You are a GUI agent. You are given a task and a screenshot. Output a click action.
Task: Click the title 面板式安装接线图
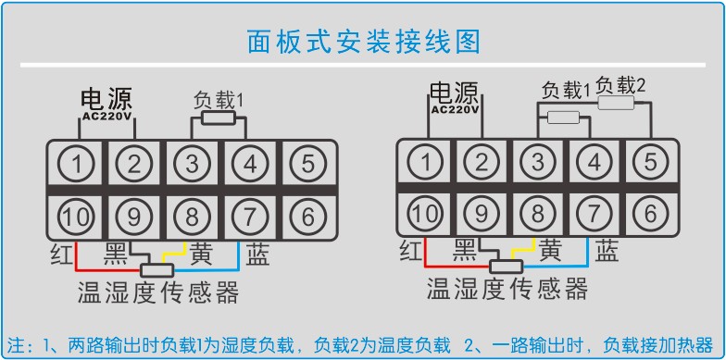364,42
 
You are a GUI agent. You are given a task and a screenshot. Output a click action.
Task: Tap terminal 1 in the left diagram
82,165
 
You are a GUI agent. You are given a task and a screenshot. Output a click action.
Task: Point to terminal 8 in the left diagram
193,217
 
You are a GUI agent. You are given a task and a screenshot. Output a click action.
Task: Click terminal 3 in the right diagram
537,162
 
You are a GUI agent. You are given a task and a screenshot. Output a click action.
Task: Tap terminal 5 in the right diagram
651,162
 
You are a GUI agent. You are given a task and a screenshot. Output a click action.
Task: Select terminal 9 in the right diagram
481,214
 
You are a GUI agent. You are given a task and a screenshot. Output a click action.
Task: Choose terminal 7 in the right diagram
595,214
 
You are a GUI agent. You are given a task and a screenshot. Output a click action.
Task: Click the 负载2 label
620,85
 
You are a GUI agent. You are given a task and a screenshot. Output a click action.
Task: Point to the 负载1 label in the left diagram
218,98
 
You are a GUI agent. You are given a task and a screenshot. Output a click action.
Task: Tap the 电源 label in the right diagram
454,93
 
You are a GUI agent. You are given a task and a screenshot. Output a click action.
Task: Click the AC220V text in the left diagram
106,117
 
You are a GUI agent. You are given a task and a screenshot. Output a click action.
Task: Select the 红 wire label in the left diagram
62,254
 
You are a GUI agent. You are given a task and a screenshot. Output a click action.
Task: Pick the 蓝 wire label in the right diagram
607,250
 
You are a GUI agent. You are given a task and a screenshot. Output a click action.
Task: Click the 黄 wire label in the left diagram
202,253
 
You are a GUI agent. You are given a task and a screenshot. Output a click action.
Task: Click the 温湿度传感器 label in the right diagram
507,290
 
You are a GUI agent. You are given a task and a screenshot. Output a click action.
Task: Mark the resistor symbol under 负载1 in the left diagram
218,118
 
